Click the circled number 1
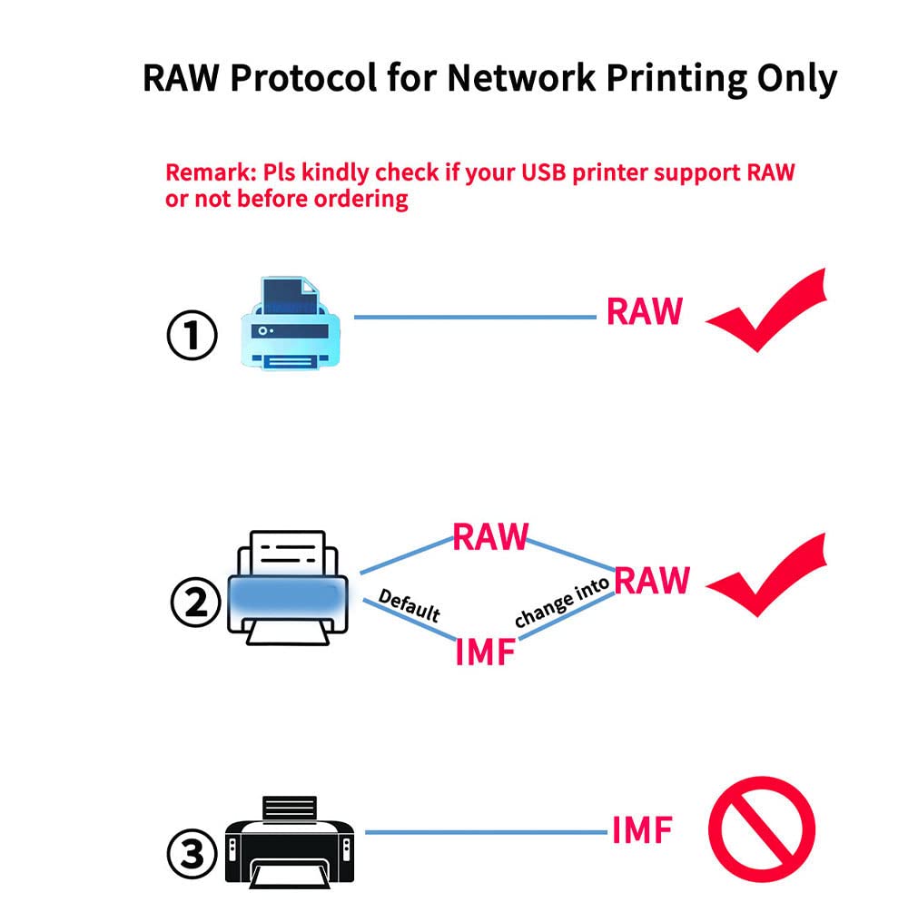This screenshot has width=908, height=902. [x=192, y=335]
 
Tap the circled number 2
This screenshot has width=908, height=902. [x=196, y=602]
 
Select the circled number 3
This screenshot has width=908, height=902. [x=192, y=854]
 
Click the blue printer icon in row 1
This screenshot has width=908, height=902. [x=291, y=323]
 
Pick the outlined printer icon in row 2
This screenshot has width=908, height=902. [x=288, y=588]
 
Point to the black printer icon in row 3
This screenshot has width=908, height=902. [x=290, y=841]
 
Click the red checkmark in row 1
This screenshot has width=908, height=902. [x=766, y=310]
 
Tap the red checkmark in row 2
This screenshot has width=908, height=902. [x=766, y=575]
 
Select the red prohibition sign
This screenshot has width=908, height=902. [x=762, y=829]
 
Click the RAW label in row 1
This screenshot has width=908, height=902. [x=645, y=311]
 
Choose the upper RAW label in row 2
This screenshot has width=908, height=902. [x=490, y=536]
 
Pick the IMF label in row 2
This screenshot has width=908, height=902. [x=485, y=652]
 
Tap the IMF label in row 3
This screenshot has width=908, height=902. [x=642, y=830]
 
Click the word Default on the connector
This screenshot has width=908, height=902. [x=410, y=605]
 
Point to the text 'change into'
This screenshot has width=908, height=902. [x=562, y=602]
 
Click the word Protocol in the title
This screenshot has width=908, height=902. [x=303, y=77]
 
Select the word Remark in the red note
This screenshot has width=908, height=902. [x=211, y=172]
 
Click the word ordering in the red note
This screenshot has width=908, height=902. [x=360, y=199]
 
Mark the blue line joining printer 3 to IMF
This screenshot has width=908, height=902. [x=487, y=832]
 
